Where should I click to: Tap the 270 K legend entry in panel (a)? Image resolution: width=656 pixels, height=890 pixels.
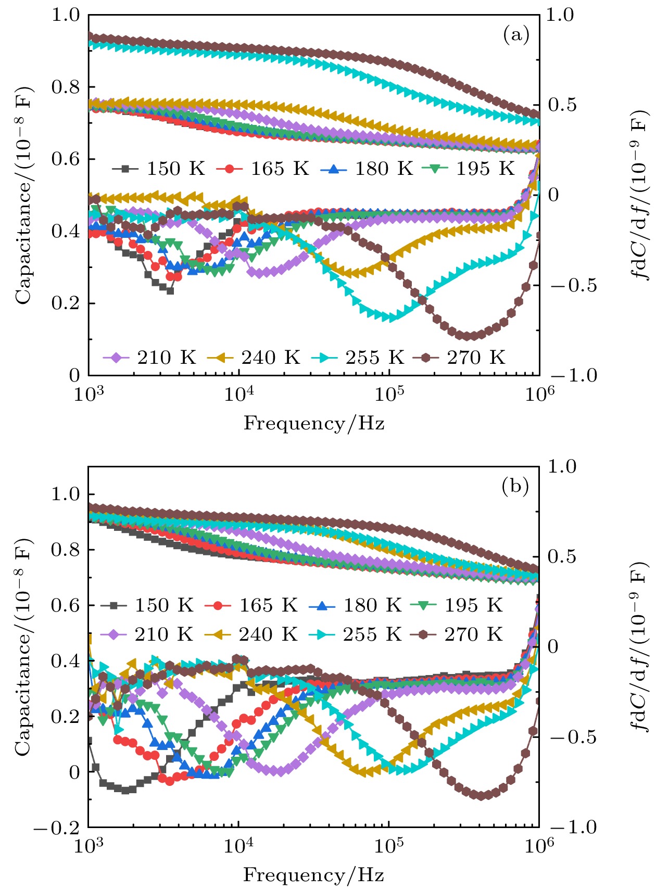pyautogui.click(x=459, y=358)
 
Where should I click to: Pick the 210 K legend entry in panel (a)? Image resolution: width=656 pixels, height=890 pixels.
pyautogui.click(x=150, y=358)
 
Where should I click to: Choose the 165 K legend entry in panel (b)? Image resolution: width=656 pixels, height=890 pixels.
pyautogui.click(x=251, y=605)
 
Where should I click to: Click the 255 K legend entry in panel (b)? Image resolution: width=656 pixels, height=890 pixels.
pyautogui.click(x=356, y=634)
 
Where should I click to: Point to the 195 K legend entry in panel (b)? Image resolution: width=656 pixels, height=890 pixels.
pyautogui.click(x=457, y=605)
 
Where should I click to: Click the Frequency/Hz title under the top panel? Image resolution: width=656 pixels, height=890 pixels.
pyautogui.click(x=314, y=423)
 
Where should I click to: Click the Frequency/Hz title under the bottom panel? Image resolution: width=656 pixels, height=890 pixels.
pyautogui.click(x=314, y=875)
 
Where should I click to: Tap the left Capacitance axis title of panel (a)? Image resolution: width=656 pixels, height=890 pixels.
pyautogui.click(x=23, y=195)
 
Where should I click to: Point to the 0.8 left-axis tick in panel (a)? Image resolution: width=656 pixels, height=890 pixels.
pyautogui.click(x=66, y=87)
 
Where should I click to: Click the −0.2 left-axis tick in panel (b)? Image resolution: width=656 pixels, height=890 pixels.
pyautogui.click(x=57, y=828)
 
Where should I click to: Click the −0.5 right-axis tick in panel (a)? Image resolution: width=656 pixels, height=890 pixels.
pyautogui.click(x=573, y=286)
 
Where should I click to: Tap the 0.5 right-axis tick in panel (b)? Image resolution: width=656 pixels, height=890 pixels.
pyautogui.click(x=562, y=557)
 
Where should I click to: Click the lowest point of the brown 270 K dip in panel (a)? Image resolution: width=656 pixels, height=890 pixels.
pyautogui.click(x=467, y=336)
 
